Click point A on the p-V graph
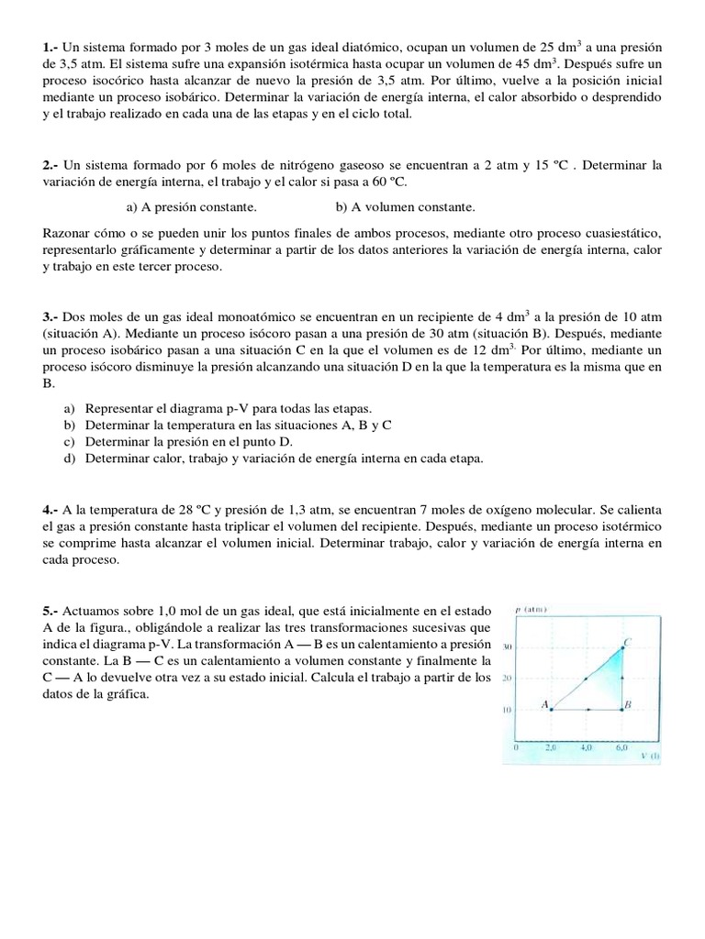pyautogui.click(x=553, y=710)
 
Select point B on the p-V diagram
pyautogui.click(x=622, y=710)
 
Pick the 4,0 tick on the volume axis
pyautogui.click(x=587, y=747)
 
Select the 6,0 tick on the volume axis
pyautogui.click(x=621, y=747)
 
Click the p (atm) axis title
pyautogui.click(x=532, y=610)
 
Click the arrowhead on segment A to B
pyautogui.click(x=587, y=710)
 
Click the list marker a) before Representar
pyautogui.click(x=70, y=408)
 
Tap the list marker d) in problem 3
pyautogui.click(x=70, y=458)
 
